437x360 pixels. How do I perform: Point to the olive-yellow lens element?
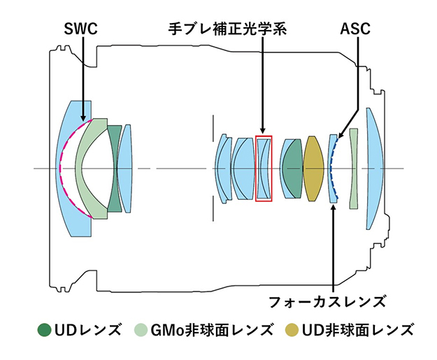[313, 168]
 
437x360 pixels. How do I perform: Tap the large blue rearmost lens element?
[374, 168]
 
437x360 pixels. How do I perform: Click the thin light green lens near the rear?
[354, 168]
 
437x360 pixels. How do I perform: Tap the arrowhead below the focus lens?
[334, 208]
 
